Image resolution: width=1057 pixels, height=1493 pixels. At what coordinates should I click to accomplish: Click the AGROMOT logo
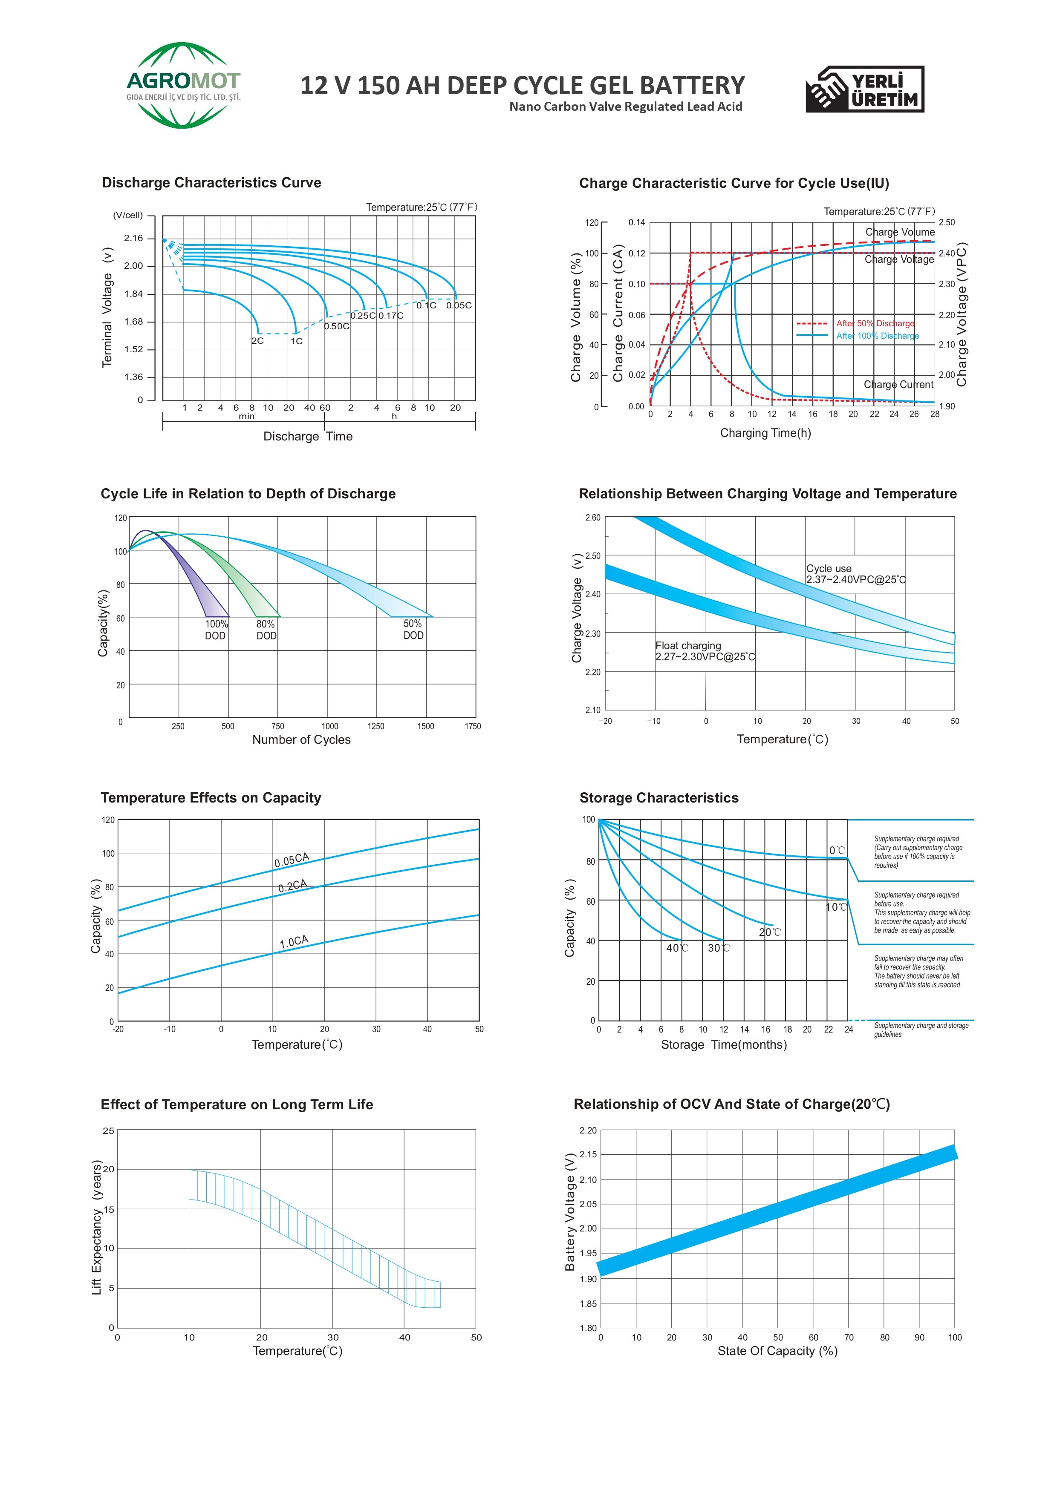184,85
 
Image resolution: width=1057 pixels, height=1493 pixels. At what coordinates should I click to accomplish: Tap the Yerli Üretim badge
865,89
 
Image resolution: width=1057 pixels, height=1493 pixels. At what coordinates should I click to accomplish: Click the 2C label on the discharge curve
258,340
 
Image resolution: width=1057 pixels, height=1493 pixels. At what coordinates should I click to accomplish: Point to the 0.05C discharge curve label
459,305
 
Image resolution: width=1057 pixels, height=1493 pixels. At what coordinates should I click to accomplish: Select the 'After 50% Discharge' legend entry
855,323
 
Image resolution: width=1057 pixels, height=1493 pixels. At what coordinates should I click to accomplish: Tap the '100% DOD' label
216,630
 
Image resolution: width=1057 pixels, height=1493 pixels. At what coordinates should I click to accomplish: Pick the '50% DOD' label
413,629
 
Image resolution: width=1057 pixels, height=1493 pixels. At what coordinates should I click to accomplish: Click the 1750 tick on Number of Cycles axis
473,726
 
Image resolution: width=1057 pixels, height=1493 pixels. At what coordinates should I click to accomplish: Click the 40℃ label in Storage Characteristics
677,948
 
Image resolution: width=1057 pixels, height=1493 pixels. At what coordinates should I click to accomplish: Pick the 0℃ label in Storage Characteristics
837,850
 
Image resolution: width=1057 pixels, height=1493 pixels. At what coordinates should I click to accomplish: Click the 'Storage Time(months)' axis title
724,1045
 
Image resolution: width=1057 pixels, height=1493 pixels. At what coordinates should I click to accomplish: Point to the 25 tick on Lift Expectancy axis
109,1131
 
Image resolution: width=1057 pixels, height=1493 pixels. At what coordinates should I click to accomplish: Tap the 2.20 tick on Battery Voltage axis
588,1130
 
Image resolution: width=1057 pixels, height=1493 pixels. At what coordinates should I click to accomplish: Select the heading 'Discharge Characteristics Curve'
211,183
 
